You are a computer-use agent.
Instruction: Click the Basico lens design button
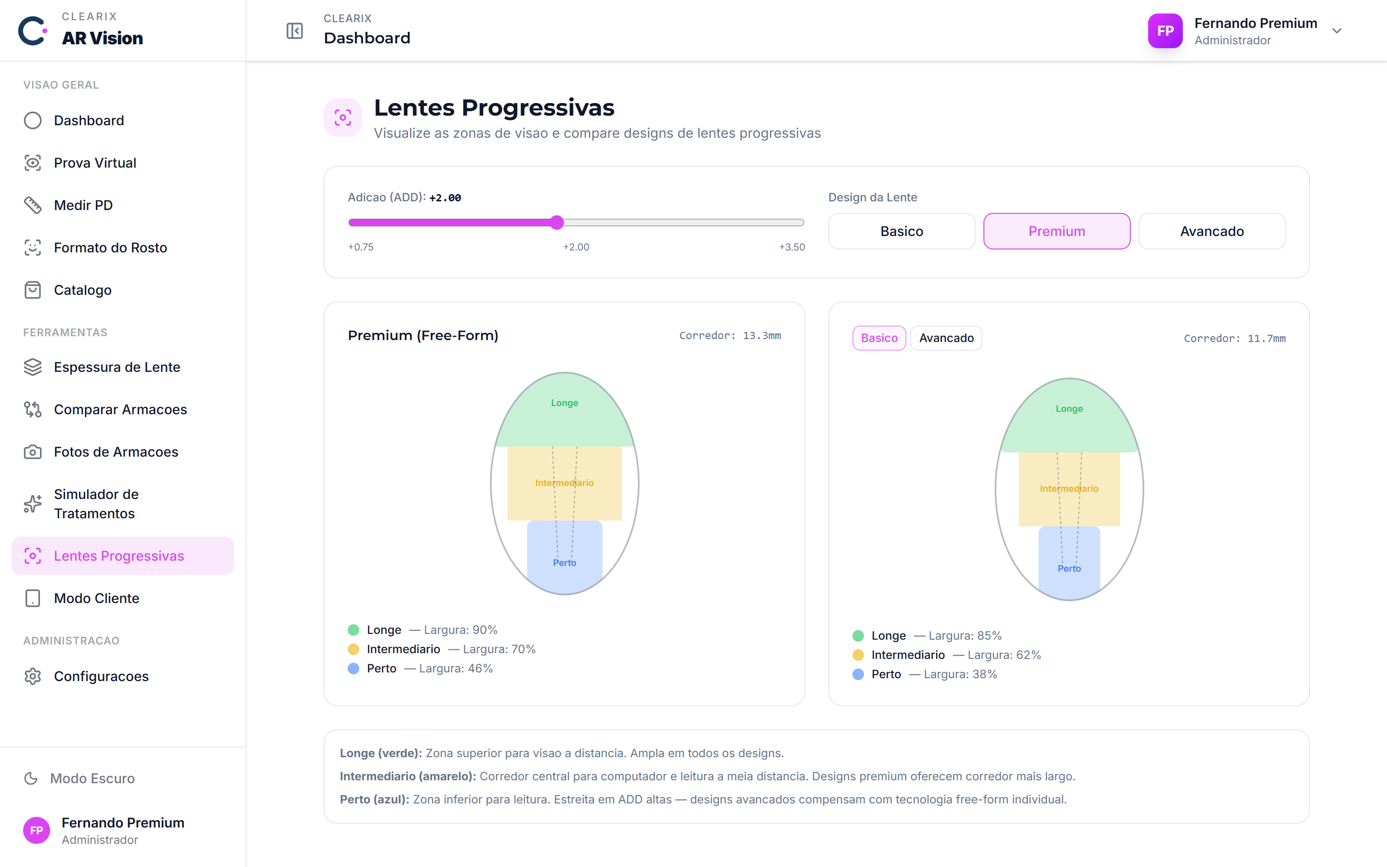click(902, 231)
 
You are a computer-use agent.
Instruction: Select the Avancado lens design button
click(1212, 231)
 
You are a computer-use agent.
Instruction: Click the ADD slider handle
click(557, 223)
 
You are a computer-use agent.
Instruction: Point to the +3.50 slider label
click(792, 247)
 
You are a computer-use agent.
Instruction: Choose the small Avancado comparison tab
click(946, 338)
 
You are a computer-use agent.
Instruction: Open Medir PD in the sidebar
click(83, 205)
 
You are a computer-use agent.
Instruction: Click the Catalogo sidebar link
click(82, 290)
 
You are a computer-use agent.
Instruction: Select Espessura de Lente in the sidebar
click(117, 367)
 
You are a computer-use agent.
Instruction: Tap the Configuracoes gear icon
click(33, 677)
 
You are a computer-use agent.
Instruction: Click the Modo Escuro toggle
click(79, 778)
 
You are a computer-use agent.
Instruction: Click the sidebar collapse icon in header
click(295, 31)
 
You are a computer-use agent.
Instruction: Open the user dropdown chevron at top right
click(1336, 31)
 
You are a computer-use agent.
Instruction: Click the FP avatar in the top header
click(1165, 31)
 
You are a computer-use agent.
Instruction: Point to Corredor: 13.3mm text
click(730, 335)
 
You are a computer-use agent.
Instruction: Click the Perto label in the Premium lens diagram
click(564, 563)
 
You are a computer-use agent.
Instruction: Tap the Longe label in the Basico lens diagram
click(1069, 409)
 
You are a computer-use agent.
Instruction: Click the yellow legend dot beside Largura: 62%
click(858, 655)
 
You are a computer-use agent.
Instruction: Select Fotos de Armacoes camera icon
click(33, 452)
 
